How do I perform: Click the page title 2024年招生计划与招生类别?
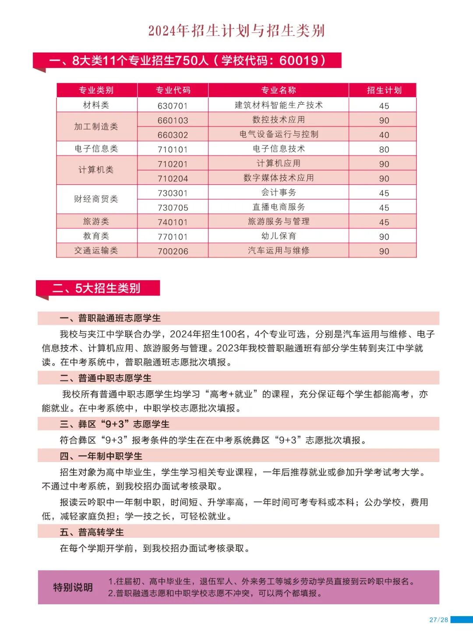[x=236, y=31]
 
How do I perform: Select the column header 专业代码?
[x=173, y=90]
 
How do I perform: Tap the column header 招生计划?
[x=384, y=90]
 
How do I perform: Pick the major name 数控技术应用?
[x=279, y=120]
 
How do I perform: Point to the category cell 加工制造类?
[x=96, y=127]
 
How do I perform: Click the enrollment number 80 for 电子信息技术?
[x=384, y=149]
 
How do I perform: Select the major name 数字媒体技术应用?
[x=279, y=178]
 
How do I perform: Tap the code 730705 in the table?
[x=173, y=208]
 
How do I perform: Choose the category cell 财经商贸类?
[x=96, y=199]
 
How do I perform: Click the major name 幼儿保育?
[x=279, y=236]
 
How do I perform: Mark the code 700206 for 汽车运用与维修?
[x=173, y=251]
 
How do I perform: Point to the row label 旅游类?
[x=96, y=222]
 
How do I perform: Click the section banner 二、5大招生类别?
[x=96, y=288]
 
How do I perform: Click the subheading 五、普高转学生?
[x=92, y=532]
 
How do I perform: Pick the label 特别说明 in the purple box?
[x=73, y=587]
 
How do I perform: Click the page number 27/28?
[x=438, y=620]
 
